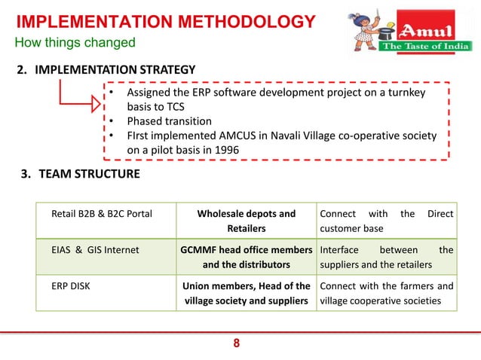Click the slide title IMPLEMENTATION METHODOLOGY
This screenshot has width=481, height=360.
coord(165,21)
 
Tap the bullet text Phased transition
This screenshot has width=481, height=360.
coord(169,121)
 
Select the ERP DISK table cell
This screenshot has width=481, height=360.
coord(73,286)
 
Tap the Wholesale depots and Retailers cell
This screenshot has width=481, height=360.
coord(246,221)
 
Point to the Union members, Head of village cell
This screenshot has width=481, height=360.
coord(246,293)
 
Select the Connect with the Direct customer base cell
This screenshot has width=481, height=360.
coord(386,221)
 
